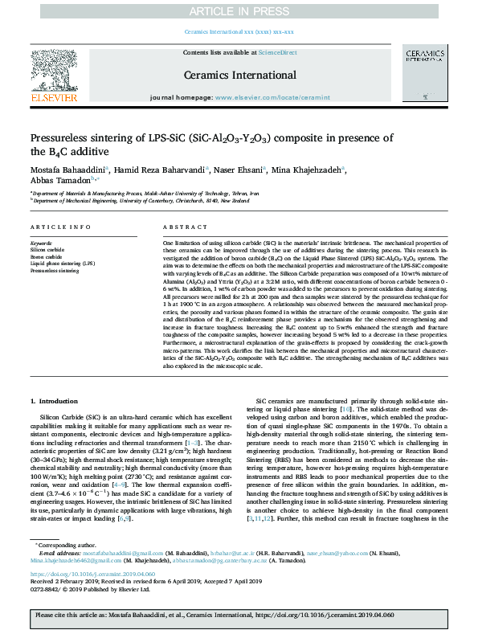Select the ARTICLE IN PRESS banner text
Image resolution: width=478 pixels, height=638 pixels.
[239, 10]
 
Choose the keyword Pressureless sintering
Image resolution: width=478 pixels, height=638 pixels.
[55, 271]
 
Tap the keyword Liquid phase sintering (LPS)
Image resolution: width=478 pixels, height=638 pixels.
[62, 264]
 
